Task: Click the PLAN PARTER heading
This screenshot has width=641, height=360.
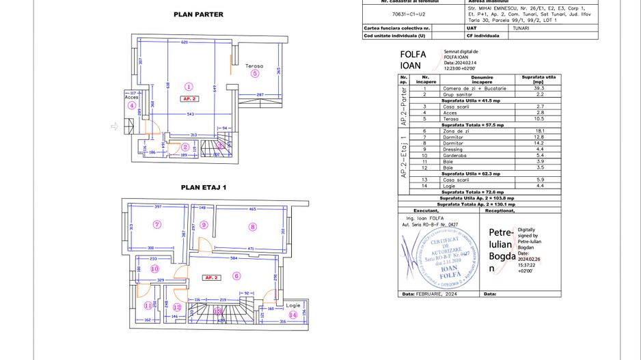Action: [198, 14]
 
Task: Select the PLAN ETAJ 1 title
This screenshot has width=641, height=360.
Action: [203, 186]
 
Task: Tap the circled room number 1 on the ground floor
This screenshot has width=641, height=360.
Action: [189, 86]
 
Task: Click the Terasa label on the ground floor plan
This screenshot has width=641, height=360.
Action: [254, 66]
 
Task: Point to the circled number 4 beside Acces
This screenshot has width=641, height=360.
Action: [131, 105]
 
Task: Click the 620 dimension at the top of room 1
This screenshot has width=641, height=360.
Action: [184, 42]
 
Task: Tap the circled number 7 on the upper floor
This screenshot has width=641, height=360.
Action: [156, 224]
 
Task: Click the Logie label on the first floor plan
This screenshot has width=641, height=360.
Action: [292, 305]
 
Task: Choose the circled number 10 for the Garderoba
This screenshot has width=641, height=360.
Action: [155, 268]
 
